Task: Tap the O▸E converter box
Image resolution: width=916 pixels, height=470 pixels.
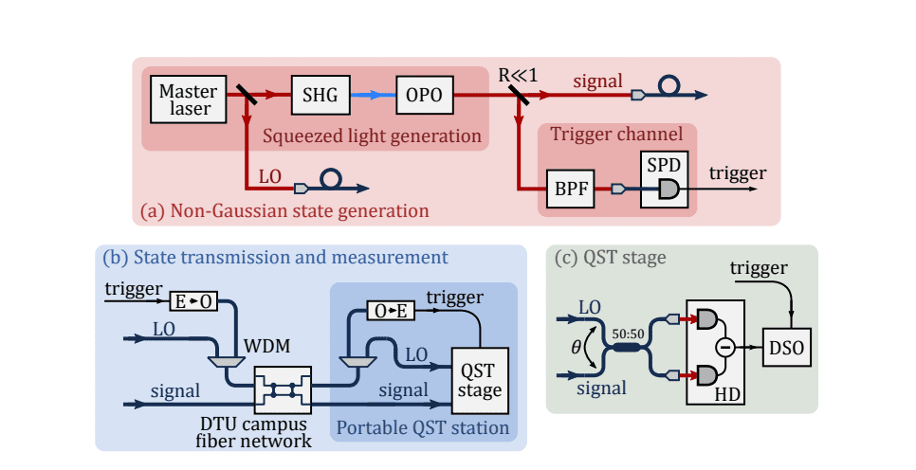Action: (x=390, y=311)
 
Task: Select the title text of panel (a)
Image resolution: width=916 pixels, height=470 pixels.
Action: (x=284, y=208)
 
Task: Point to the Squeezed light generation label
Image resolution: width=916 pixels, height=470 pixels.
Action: (x=373, y=136)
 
